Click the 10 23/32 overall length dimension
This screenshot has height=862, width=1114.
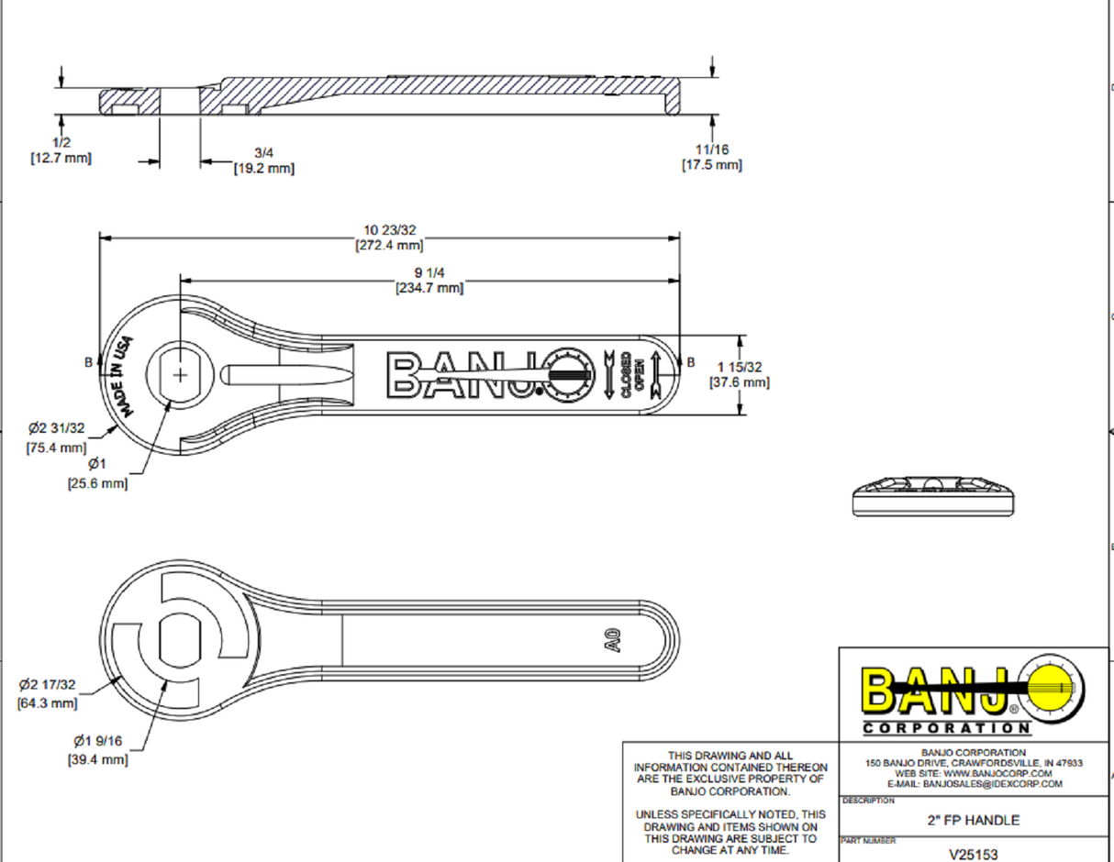(x=389, y=238)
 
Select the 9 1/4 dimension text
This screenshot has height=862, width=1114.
(x=429, y=281)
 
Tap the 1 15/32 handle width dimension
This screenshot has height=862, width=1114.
(x=739, y=374)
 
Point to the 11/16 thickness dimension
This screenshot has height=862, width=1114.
(x=711, y=157)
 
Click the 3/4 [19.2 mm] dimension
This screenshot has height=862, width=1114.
(x=263, y=161)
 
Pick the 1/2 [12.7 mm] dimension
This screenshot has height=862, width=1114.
(x=61, y=150)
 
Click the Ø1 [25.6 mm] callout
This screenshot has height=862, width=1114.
(x=97, y=473)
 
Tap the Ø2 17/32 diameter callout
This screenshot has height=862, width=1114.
(x=48, y=693)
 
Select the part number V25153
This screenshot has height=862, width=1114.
(x=974, y=853)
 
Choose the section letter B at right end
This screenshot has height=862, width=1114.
(x=690, y=361)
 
